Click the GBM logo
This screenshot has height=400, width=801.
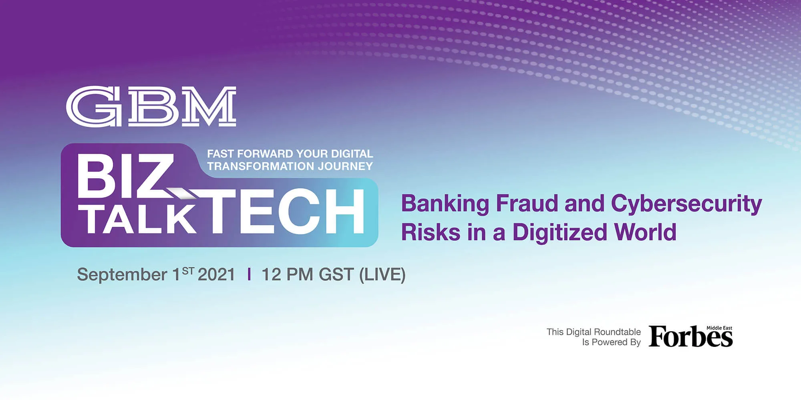151,107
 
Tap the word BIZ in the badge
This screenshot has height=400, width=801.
126,176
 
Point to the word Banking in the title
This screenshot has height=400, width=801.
445,204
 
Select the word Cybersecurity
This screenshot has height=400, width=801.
686,204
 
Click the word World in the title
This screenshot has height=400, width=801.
645,232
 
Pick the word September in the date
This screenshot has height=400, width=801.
122,275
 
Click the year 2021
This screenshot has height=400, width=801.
216,274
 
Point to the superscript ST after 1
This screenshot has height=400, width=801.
188,271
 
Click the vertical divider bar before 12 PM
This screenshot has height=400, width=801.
250,274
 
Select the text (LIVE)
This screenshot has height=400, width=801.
382,275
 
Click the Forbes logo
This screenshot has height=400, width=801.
690,336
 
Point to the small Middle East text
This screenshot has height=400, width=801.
719,328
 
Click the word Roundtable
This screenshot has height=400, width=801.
618,332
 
